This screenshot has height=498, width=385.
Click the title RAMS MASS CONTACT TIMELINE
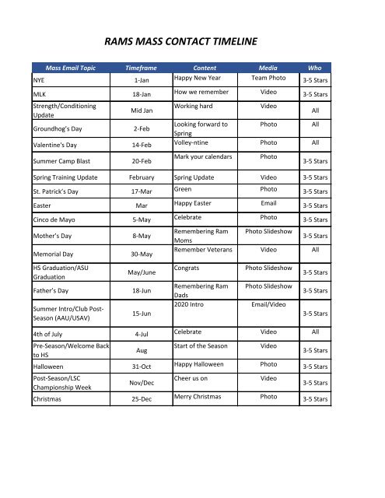[191, 42]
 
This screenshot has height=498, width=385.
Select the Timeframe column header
[142, 68]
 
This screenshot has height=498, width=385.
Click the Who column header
[315, 68]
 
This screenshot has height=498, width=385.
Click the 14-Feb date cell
[142, 145]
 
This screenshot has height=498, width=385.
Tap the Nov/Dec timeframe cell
[142, 383]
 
